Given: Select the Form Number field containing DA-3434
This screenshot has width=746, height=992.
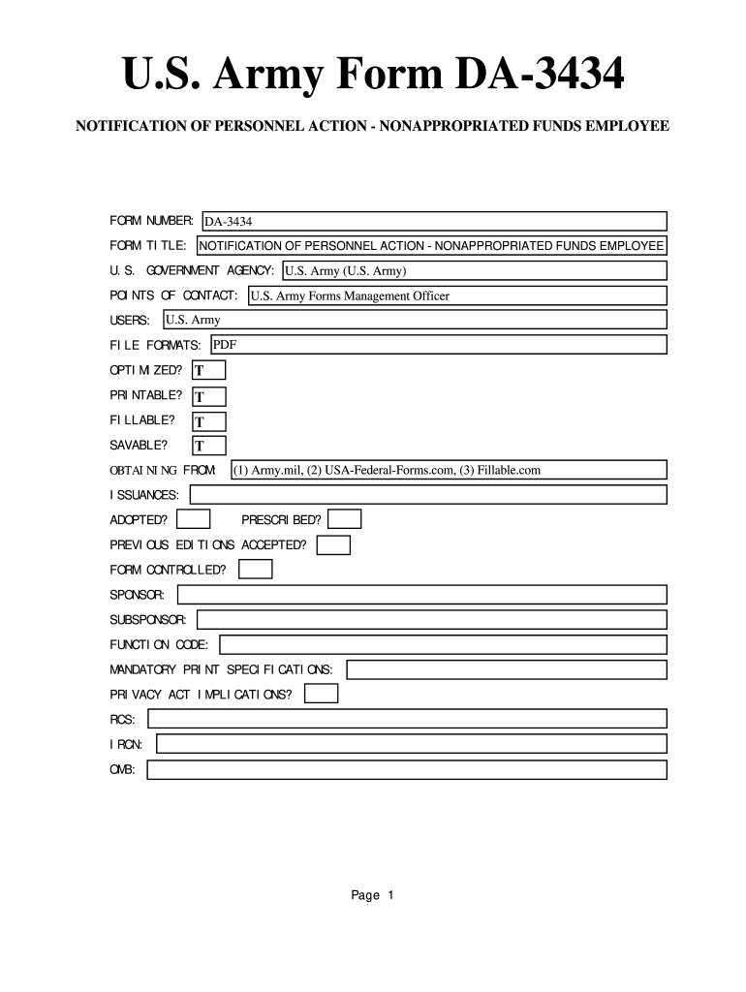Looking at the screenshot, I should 434,222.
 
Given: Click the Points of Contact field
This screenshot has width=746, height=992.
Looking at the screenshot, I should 456,295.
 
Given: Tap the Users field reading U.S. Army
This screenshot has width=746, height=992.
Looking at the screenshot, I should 414,320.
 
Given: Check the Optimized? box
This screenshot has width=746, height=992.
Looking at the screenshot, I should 208,370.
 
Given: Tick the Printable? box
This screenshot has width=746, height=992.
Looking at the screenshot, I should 208,396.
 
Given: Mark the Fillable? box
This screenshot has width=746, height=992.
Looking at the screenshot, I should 208,421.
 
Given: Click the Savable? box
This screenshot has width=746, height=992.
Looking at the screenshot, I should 208,446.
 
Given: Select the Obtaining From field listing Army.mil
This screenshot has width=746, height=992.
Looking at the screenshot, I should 449,470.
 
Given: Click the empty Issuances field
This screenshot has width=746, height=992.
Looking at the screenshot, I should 428,495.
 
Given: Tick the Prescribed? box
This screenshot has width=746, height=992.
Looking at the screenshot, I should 346,520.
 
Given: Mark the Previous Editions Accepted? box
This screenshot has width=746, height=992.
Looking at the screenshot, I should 333,544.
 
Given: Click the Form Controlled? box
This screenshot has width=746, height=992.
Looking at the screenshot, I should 256,570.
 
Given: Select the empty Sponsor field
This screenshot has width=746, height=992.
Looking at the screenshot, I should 421,594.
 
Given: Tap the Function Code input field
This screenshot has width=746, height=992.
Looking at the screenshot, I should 444,644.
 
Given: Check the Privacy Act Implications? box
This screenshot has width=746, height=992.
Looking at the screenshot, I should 322,694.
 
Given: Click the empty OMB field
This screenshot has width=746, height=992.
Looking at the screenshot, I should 407,769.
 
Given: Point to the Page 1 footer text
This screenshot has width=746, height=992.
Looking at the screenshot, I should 372,895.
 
